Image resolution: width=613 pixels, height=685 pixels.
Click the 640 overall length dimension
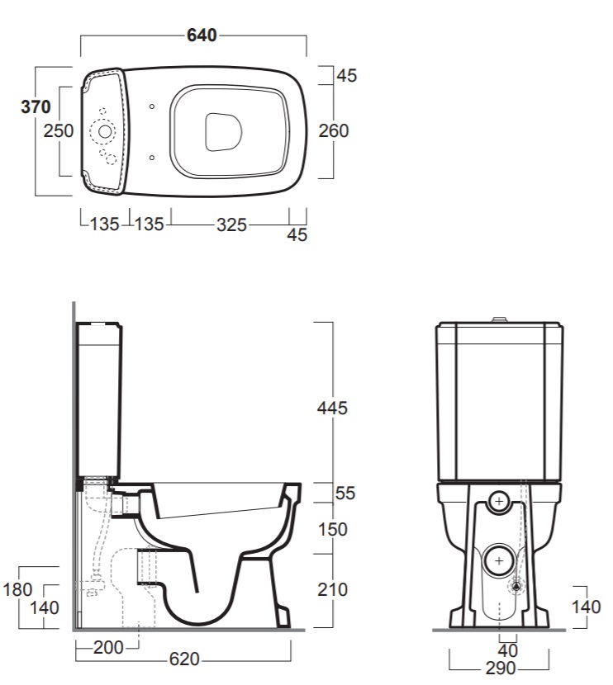pyautogui.click(x=202, y=35)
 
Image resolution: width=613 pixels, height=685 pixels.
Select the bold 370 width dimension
pyautogui.click(x=36, y=106)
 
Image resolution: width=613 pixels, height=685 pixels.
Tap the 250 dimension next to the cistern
pyautogui.click(x=58, y=130)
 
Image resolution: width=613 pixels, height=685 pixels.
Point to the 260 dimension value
pyautogui.click(x=334, y=130)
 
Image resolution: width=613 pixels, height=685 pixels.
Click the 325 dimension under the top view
pyautogui.click(x=231, y=225)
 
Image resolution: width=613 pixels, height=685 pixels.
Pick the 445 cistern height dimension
pyautogui.click(x=332, y=408)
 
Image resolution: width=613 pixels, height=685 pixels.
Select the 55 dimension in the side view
pyautogui.click(x=345, y=494)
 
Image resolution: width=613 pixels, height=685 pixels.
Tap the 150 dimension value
pyautogui.click(x=333, y=530)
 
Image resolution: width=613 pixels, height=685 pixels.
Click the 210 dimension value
pyautogui.click(x=333, y=590)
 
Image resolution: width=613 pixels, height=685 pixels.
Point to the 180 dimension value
pyautogui.click(x=17, y=590)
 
